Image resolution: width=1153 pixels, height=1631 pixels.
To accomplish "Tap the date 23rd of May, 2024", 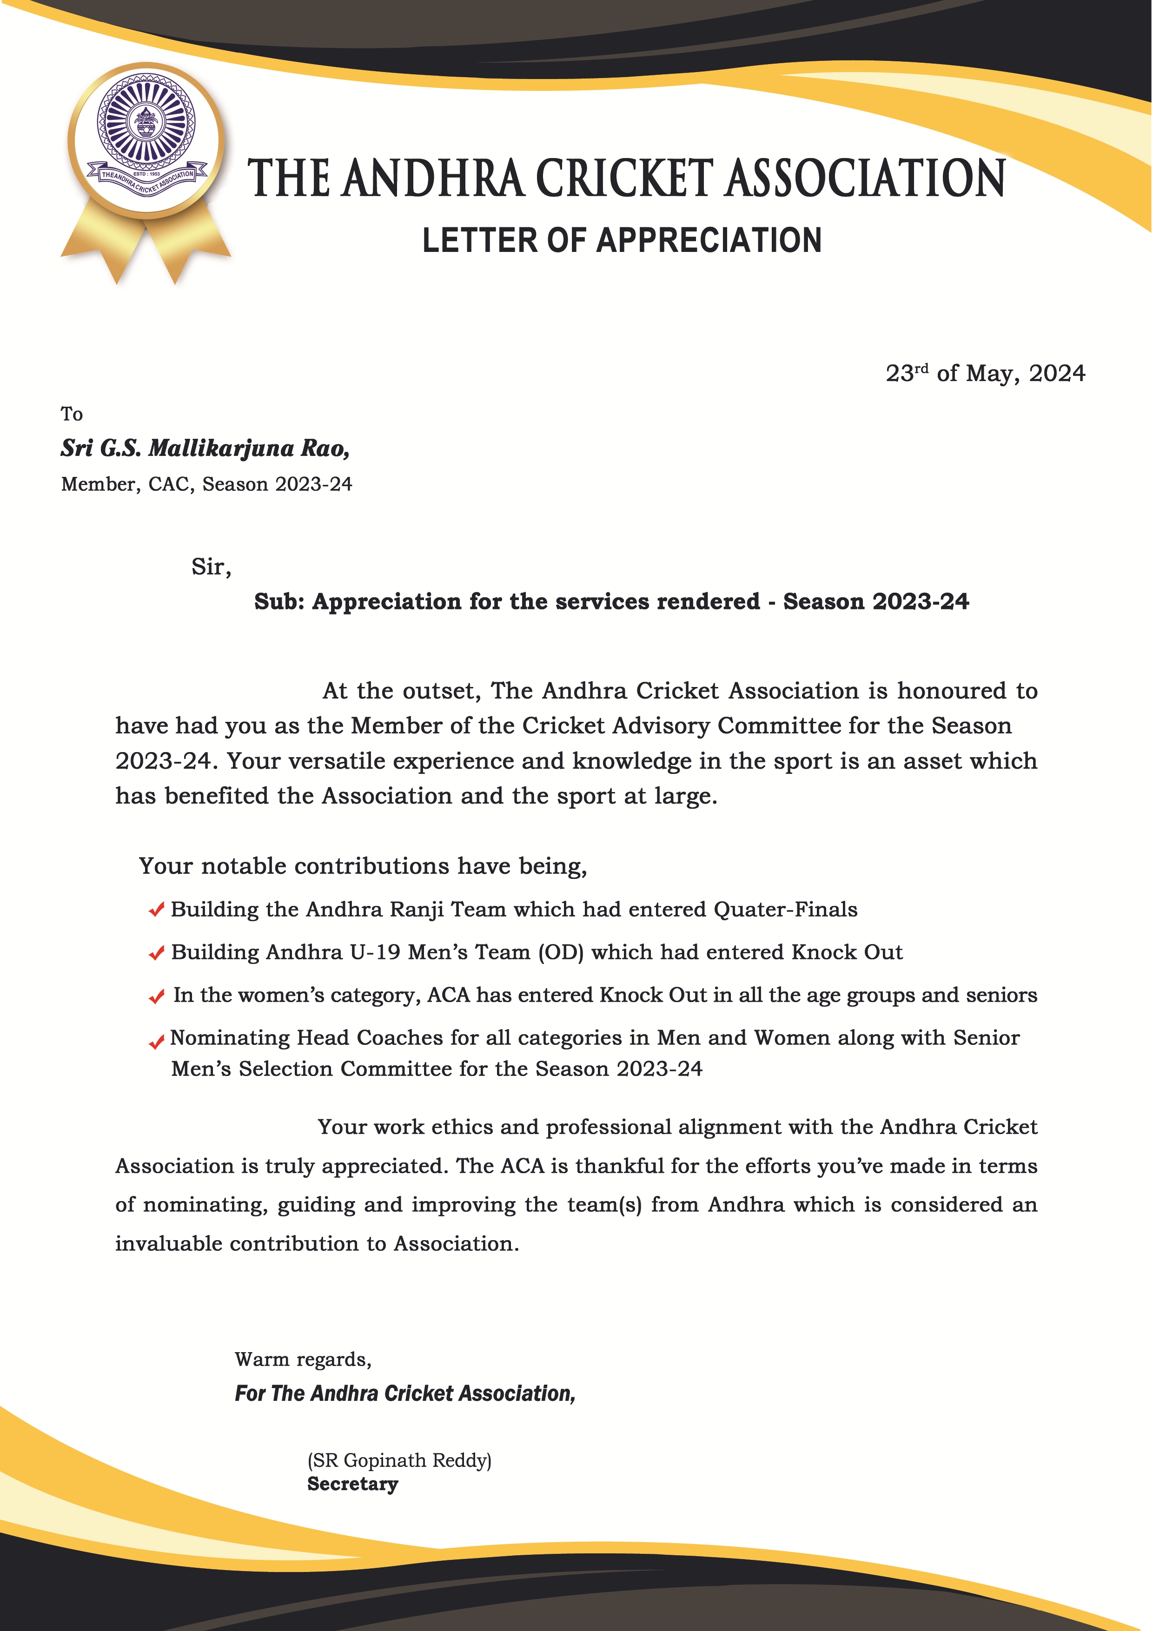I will click(985, 374).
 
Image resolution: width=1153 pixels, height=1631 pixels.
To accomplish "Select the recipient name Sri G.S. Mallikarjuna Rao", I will click(205, 448).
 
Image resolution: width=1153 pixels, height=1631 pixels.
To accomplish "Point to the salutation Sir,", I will click(211, 567).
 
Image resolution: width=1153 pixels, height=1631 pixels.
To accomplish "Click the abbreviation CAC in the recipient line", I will click(169, 484).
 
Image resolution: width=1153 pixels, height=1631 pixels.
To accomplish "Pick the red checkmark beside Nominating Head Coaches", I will click(156, 1042).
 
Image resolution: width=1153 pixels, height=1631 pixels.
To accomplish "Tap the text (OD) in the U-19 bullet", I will click(561, 952).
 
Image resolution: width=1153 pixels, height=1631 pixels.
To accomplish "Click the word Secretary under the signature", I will click(352, 1484).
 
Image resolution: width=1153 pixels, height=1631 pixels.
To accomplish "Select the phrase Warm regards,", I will click(303, 1359).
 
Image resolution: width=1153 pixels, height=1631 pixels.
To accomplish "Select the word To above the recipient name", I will click(72, 414).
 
